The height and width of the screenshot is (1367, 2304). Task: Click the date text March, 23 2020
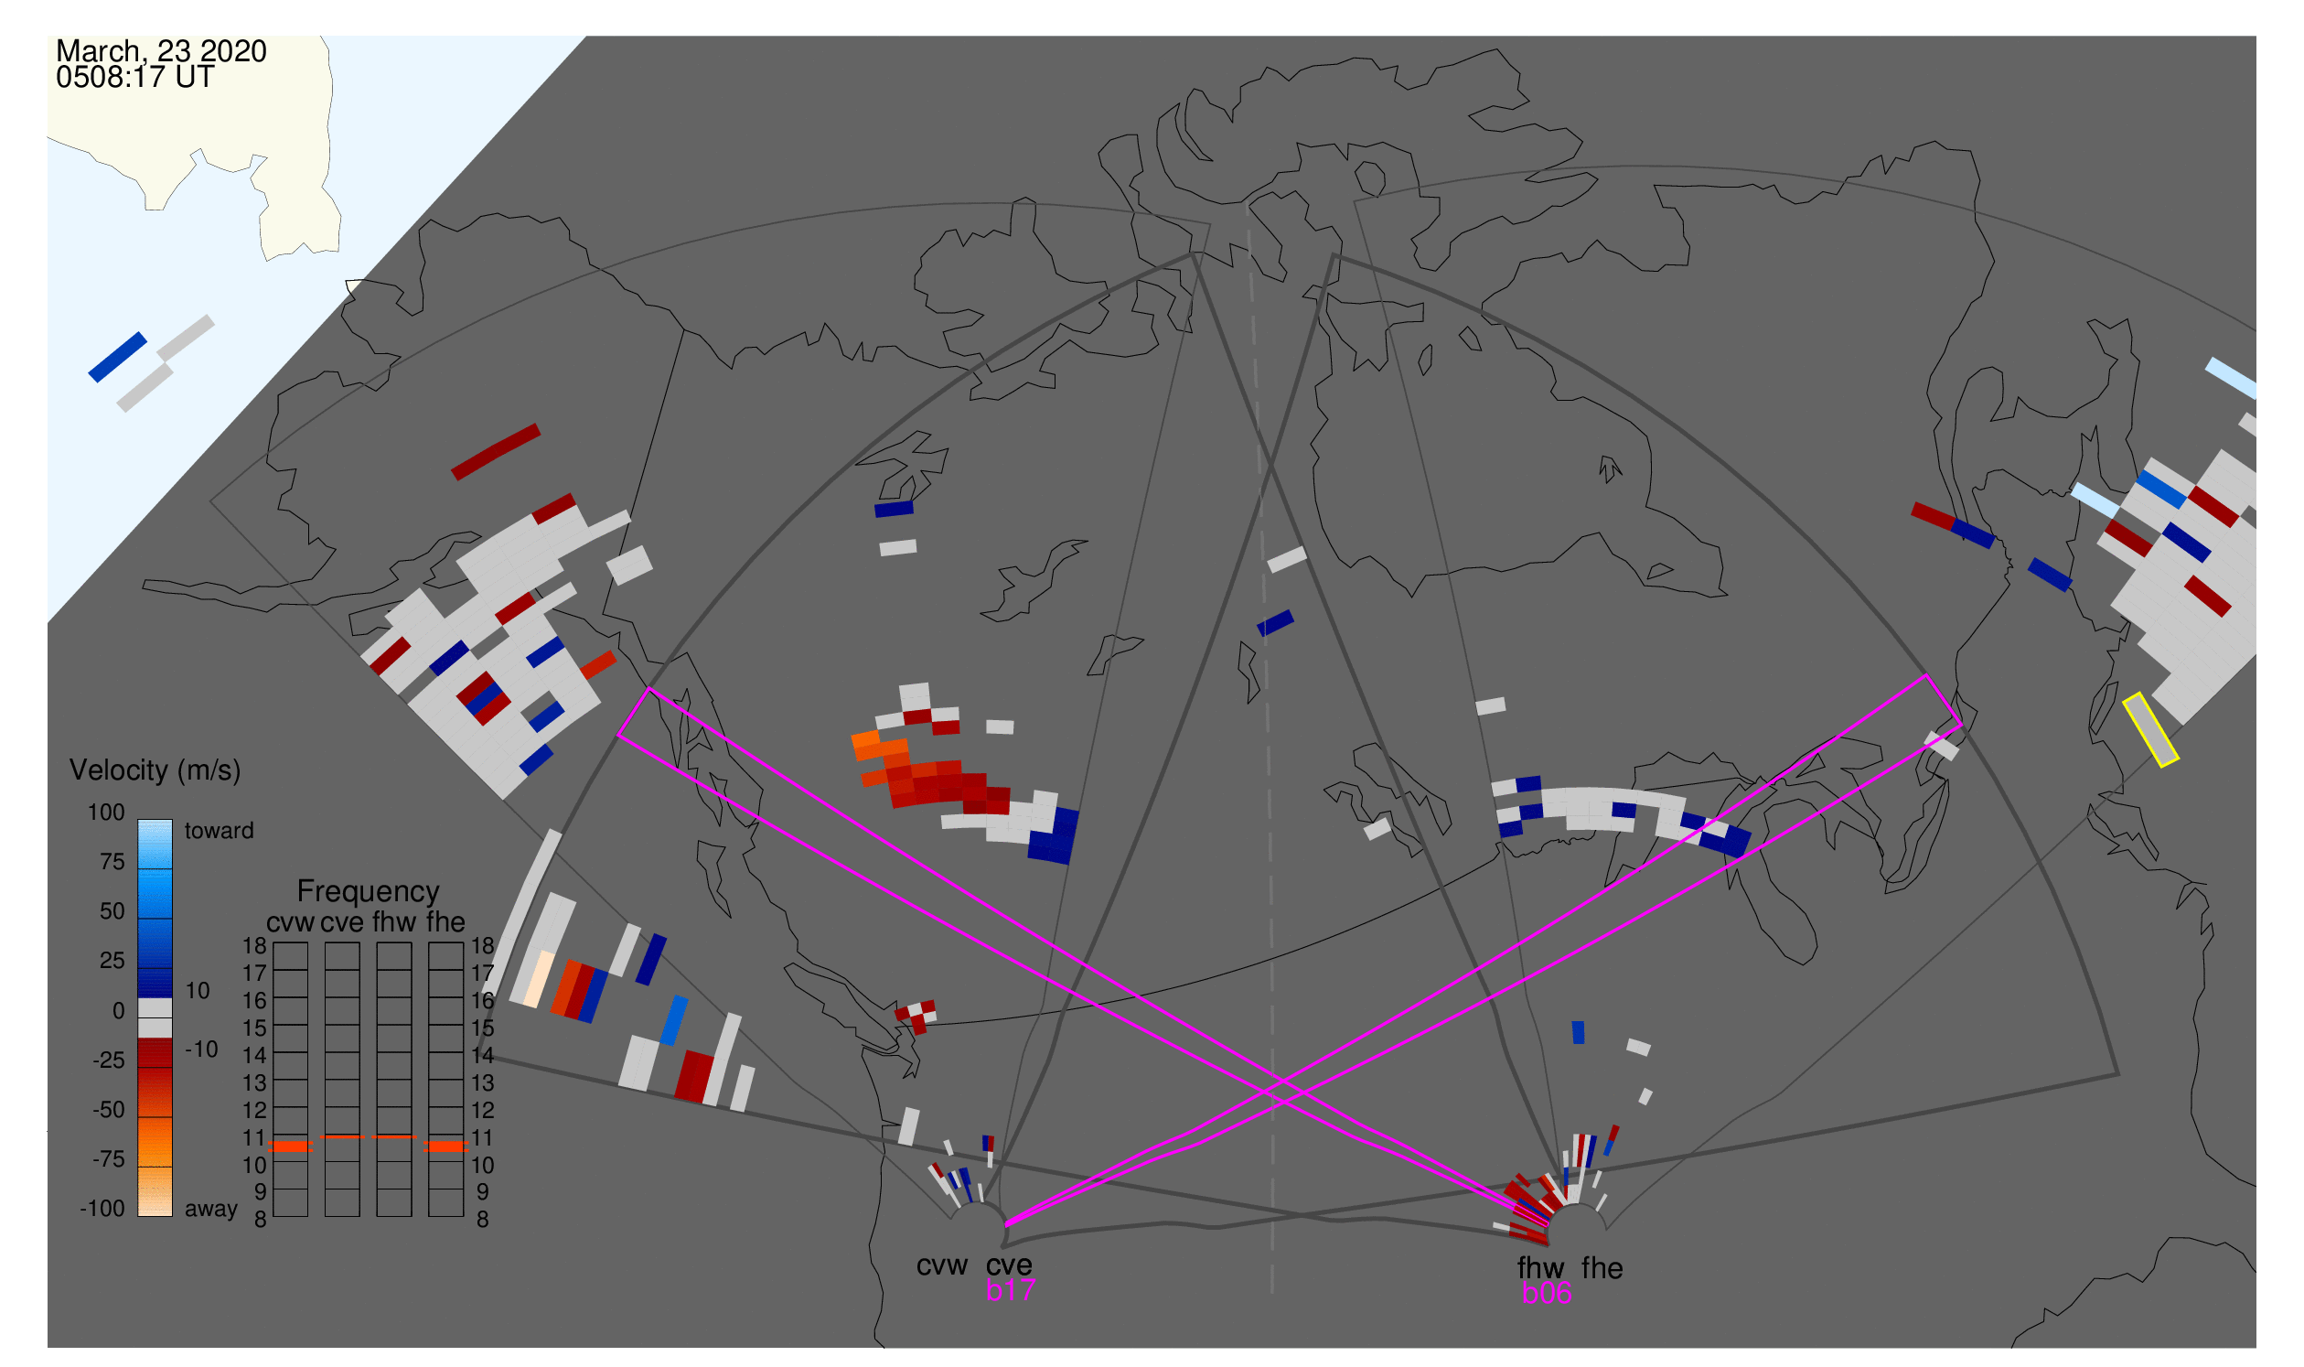click(161, 50)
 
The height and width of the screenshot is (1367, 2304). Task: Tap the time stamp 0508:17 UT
click(135, 78)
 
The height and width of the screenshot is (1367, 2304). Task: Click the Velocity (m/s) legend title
click(155, 771)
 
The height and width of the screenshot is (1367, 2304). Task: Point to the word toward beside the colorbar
click(220, 832)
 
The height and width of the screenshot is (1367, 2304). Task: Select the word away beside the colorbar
click(211, 1210)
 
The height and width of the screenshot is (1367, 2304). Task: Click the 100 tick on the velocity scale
click(106, 813)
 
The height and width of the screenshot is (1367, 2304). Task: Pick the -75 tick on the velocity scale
click(109, 1159)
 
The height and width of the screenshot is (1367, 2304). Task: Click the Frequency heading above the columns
click(369, 892)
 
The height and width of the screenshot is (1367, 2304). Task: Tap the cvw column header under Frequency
click(291, 923)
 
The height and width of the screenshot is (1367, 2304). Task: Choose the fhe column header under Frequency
click(445, 923)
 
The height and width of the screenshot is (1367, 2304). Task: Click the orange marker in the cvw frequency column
click(291, 1146)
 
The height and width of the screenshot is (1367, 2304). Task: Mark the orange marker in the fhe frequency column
click(446, 1146)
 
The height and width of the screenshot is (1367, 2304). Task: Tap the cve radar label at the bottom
click(1009, 1265)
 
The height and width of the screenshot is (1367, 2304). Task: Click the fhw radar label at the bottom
click(1541, 1268)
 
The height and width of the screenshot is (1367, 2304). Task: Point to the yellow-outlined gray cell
click(2151, 729)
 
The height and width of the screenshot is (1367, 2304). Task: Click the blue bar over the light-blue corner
click(118, 358)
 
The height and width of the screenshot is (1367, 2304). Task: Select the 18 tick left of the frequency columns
click(255, 946)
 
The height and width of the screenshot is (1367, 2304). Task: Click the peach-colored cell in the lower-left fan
click(539, 979)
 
